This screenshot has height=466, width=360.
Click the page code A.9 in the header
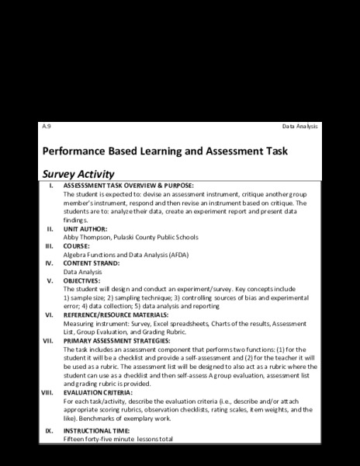click(45, 127)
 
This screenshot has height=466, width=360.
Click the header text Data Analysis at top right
click(300, 127)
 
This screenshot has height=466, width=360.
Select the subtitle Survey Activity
click(78, 174)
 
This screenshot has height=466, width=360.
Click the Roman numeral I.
click(51, 186)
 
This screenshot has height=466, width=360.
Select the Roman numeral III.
click(49, 245)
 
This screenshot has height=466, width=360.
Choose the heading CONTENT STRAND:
click(92, 263)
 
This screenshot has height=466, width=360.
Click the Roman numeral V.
click(50, 280)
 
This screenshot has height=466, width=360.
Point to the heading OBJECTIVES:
click(83, 280)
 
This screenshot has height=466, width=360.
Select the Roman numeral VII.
click(47, 340)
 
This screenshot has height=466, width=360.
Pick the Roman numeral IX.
click(49, 429)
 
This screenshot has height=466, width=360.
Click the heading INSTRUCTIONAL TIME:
click(97, 429)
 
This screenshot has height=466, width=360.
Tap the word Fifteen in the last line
click(75, 439)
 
